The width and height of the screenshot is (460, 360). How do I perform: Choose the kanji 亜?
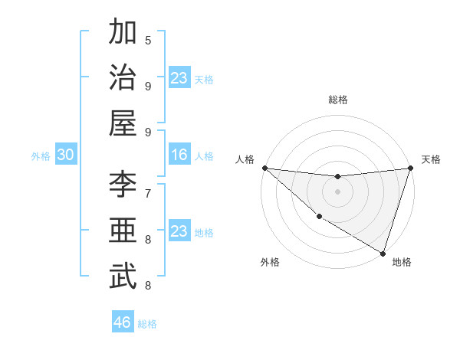[x=123, y=231]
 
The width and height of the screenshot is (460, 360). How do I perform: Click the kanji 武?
[x=123, y=277]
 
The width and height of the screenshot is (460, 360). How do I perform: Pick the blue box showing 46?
[x=123, y=322]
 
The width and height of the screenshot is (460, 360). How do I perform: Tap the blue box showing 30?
[x=65, y=155]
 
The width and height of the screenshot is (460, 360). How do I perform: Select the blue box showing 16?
[x=179, y=155]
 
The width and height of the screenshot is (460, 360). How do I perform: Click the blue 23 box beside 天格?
[x=179, y=78]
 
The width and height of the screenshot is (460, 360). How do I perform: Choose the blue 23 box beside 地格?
[x=179, y=232]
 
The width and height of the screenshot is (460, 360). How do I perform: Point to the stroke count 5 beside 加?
[x=148, y=40]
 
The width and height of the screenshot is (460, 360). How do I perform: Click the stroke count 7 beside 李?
[x=148, y=192]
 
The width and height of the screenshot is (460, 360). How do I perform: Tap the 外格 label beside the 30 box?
[x=41, y=156]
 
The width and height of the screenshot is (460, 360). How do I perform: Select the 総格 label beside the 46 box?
[x=147, y=323]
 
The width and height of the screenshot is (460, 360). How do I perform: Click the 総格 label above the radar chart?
[x=338, y=100]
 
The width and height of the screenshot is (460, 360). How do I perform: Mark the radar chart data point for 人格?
[x=264, y=168]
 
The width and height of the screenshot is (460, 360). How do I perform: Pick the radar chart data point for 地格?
[x=383, y=253]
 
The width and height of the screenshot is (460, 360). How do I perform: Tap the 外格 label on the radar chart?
[x=270, y=262]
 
